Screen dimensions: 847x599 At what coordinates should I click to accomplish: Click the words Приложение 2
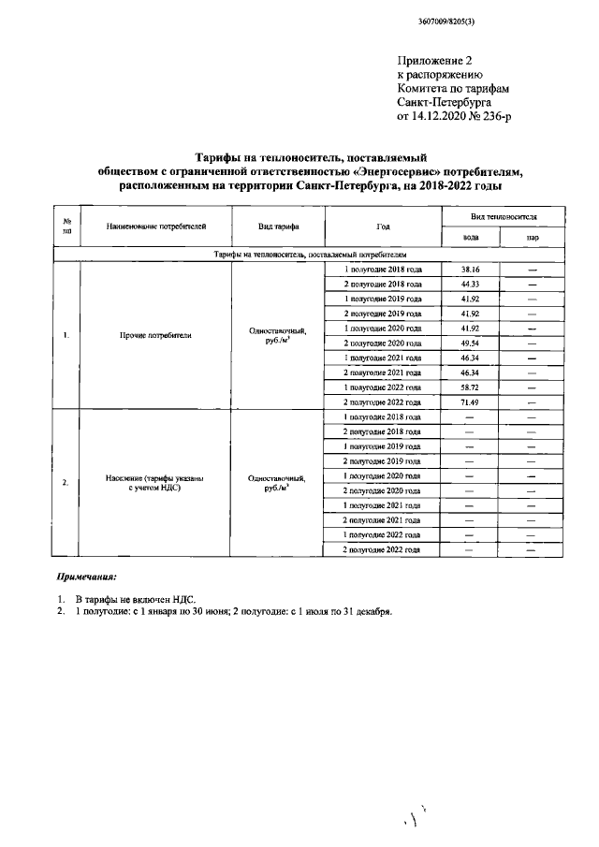coord(432,60)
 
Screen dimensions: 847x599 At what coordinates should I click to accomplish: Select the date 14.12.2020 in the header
coord(438,116)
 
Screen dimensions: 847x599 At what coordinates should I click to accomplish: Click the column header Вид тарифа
coord(279,226)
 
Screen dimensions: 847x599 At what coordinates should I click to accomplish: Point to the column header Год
coord(383,226)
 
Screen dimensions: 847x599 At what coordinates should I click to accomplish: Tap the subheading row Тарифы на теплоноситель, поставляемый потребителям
coord(309,254)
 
